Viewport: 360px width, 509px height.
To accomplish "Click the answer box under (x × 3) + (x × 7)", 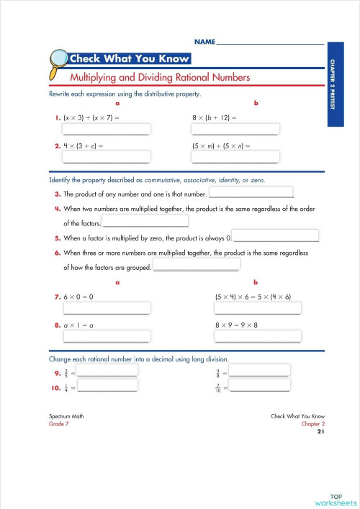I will click(107, 130).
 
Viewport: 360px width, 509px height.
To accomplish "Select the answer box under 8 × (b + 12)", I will click(235, 130).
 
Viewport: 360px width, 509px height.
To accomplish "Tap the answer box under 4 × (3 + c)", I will click(107, 157).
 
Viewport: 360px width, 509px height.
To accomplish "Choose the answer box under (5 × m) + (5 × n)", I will click(235, 157).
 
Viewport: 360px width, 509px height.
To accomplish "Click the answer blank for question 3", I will click(251, 193).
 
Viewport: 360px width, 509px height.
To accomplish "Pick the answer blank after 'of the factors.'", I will click(145, 222).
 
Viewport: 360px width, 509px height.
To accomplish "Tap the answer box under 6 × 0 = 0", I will click(107, 308).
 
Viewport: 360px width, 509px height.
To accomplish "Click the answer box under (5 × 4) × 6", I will click(258, 308).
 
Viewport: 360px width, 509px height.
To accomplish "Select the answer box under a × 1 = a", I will click(107, 336).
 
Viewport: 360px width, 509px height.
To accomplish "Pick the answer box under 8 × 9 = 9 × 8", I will click(258, 336).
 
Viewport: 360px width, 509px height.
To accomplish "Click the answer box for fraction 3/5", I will click(107, 371).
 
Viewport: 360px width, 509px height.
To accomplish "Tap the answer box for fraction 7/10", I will click(259, 387).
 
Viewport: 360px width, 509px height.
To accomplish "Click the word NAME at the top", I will click(204, 43).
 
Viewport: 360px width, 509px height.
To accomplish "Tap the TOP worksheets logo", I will click(335, 499).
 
